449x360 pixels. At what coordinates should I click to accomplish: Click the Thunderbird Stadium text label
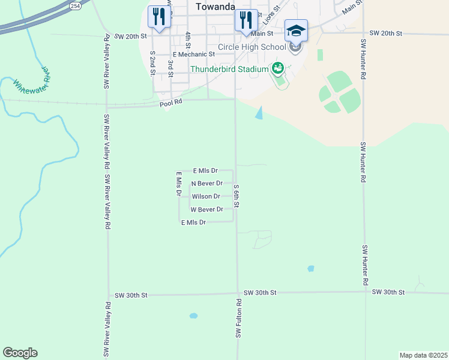tap(229, 69)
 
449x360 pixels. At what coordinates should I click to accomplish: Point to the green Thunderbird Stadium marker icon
tap(277, 68)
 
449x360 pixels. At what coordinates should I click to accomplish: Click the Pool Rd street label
tap(170, 104)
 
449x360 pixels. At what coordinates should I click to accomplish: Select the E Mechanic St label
tap(193, 54)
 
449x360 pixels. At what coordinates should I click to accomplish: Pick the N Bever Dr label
tap(206, 183)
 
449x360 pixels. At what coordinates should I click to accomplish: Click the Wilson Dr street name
tap(206, 196)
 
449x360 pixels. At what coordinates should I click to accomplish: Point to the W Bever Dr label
tap(206, 209)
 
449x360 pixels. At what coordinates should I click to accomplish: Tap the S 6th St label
tap(237, 196)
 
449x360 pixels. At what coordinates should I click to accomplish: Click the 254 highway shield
tap(74, 5)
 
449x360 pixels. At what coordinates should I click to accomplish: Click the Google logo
tap(20, 353)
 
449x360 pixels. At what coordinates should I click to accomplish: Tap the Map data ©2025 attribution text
tap(423, 355)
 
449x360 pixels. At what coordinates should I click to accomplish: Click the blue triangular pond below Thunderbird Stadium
tap(259, 112)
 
